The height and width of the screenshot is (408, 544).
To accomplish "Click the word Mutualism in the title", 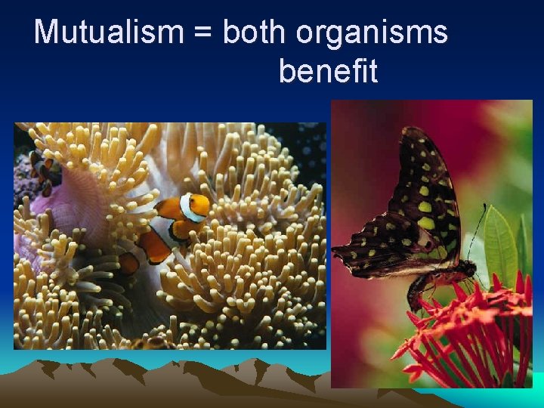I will point(109,32).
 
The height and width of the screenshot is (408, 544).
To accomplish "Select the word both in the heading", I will point(255,32).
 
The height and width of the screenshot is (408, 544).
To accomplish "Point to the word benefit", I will point(328,72).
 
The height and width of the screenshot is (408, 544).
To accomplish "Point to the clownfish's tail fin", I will point(130,261).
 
